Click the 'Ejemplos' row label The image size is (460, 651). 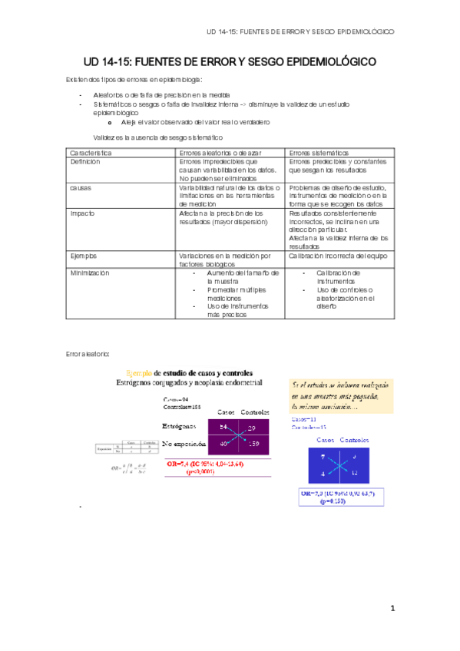tap(84, 255)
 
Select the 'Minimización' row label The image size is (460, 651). tap(90, 273)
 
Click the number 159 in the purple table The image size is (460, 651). tap(253, 444)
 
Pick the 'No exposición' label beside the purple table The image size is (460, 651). tap(184, 444)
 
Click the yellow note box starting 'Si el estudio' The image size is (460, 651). tap(340, 395)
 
